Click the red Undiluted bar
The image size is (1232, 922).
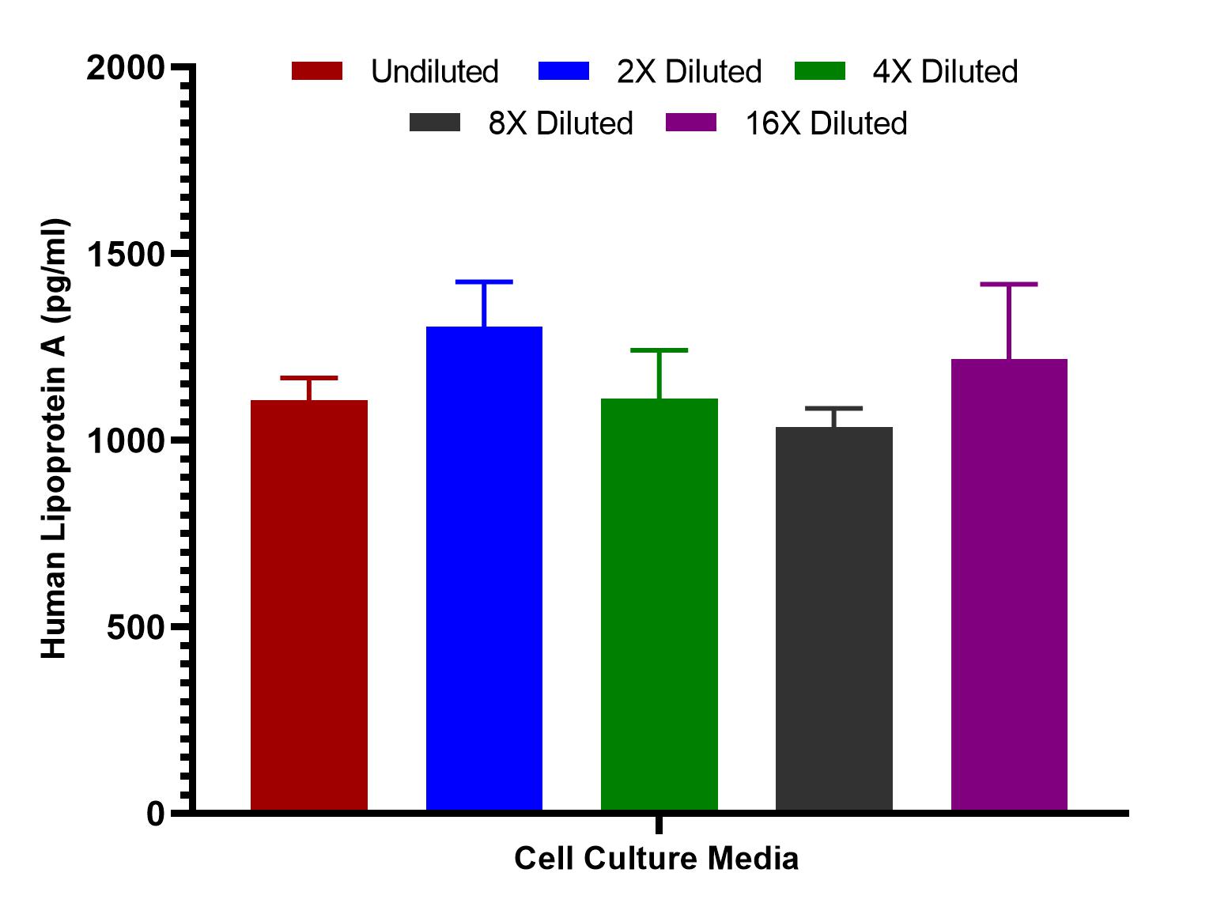pyautogui.click(x=308, y=605)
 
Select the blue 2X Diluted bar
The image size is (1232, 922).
pyautogui.click(x=484, y=568)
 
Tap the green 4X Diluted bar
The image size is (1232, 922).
pyautogui.click(x=659, y=604)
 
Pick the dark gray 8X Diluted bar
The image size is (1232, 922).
pyautogui.click(x=833, y=618)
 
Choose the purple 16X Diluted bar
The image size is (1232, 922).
pyautogui.click(x=1009, y=584)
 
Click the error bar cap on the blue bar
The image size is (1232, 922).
pyautogui.click(x=484, y=282)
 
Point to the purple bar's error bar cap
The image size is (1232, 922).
pyautogui.click(x=1009, y=285)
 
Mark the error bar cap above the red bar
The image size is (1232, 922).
pyautogui.click(x=308, y=378)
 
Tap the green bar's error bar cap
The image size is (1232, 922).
pyautogui.click(x=659, y=350)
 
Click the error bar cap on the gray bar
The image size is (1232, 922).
pyautogui.click(x=833, y=409)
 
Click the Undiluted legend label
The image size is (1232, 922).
pyautogui.click(x=434, y=72)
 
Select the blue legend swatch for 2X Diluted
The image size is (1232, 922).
pyautogui.click(x=563, y=71)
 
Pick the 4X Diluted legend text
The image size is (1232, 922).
pyautogui.click(x=945, y=72)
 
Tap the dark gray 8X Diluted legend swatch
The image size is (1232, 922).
pyautogui.click(x=434, y=123)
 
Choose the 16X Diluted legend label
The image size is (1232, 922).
pyautogui.click(x=826, y=123)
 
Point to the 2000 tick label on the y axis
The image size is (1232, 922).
pyautogui.click(x=125, y=68)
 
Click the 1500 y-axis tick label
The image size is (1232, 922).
pyautogui.click(x=125, y=255)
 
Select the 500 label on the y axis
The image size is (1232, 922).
pyautogui.click(x=134, y=627)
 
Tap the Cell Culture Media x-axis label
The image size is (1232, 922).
pyautogui.click(x=656, y=859)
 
